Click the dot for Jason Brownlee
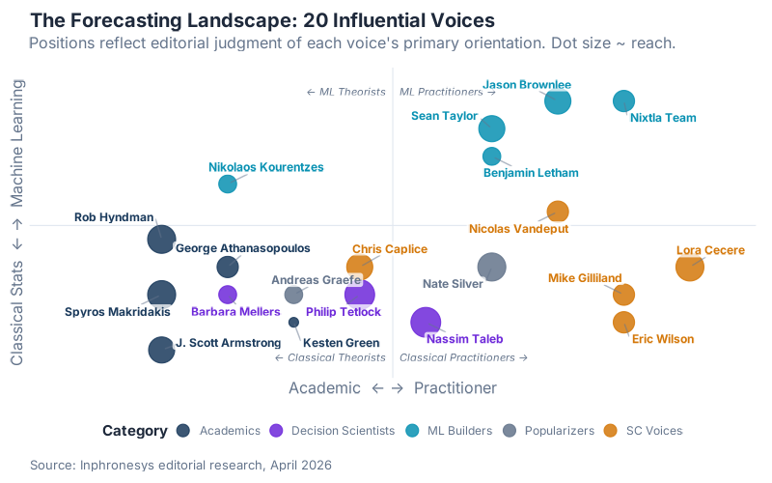(558, 99)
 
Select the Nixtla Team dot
(624, 100)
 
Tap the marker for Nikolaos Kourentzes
(228, 184)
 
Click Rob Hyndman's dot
(161, 239)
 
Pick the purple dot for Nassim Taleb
(426, 323)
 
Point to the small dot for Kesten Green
(293, 322)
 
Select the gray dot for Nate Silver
(492, 267)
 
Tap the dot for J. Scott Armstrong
(161, 350)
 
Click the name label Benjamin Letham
(531, 173)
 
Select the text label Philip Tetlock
(344, 312)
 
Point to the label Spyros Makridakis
(118, 312)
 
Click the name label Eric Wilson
(663, 339)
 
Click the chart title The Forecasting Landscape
(262, 20)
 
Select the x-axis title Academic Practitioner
(393, 387)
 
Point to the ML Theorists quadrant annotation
(345, 93)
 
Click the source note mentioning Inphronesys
(180, 465)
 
